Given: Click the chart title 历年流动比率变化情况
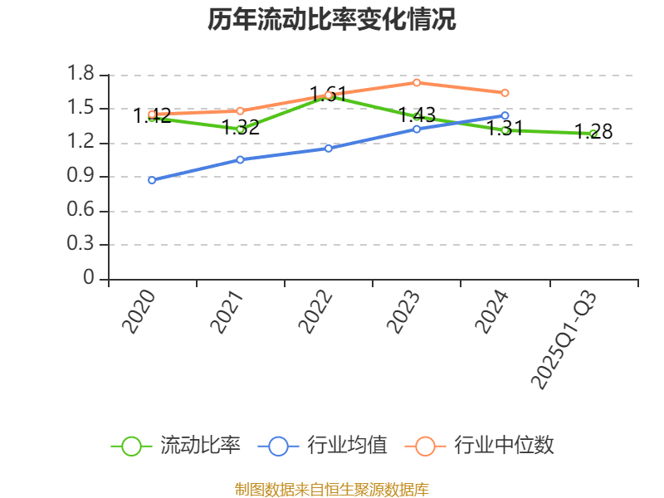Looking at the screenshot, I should click(x=332, y=20).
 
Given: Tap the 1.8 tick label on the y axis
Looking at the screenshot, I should click(x=82, y=76).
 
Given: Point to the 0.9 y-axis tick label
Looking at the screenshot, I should click(x=82, y=177).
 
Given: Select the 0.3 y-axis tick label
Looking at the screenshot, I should click(x=82, y=245).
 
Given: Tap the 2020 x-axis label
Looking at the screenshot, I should click(x=139, y=312).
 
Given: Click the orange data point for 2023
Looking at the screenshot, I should click(x=417, y=82).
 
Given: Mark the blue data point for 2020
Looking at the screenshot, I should click(x=152, y=180).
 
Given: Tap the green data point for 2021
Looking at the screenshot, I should click(x=240, y=129).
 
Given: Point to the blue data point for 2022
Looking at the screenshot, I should click(x=329, y=149).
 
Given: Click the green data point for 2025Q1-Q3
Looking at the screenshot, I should click(x=593, y=134).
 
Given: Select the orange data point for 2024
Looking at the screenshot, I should click(x=505, y=92).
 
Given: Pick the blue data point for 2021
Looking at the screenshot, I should click(x=240, y=159).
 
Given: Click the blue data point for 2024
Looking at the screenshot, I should click(x=505, y=115).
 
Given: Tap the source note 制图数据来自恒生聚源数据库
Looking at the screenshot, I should click(x=332, y=490).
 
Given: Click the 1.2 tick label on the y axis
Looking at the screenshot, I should click(x=82, y=143).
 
